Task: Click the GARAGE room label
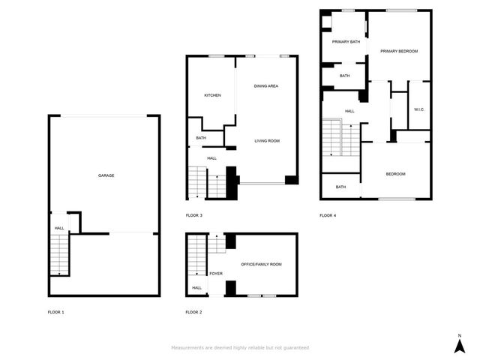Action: pyautogui.click(x=106, y=175)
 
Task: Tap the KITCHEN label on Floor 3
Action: pyautogui.click(x=212, y=95)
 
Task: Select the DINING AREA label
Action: pyautogui.click(x=266, y=86)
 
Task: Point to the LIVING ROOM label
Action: pyautogui.click(x=266, y=141)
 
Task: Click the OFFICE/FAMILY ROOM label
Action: pyautogui.click(x=261, y=265)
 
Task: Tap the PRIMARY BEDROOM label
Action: pyautogui.click(x=398, y=51)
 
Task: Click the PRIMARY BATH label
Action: pyautogui.click(x=346, y=42)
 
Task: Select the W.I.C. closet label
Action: pyautogui.click(x=419, y=110)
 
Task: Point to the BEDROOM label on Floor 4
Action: pyautogui.click(x=395, y=174)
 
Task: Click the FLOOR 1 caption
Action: pyautogui.click(x=56, y=311)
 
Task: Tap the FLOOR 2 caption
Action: pyautogui.click(x=194, y=311)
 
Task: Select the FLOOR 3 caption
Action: pyautogui.click(x=194, y=215)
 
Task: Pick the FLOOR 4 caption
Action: pyautogui.click(x=328, y=215)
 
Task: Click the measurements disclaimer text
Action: pyautogui.click(x=240, y=348)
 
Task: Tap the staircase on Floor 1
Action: pyautogui.click(x=58, y=255)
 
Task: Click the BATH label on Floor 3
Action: pyautogui.click(x=201, y=138)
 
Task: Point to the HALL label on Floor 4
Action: pyautogui.click(x=349, y=112)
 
